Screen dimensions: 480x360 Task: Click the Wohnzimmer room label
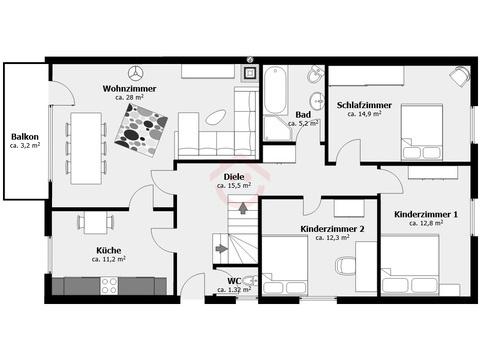pos(129,89)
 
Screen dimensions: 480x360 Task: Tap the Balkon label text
pos(25,137)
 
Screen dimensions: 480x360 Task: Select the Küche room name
pos(109,250)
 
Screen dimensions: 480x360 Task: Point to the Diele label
pos(234,177)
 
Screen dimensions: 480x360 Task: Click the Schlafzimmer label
pos(364,105)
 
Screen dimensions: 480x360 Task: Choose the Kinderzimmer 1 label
pos(426,214)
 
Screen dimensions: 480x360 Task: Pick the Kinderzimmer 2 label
pos(332,229)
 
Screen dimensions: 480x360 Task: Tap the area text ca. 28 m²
pos(129,97)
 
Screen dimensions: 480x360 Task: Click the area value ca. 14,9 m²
pos(364,114)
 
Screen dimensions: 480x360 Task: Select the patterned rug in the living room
pos(141,130)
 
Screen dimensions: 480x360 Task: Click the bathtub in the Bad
pos(275,90)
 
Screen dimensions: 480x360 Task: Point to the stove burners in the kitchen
pos(109,286)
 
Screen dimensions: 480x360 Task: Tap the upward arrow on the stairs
pos(243,208)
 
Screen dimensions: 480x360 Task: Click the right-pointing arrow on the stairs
pos(221,248)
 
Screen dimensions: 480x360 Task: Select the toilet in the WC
pos(250,281)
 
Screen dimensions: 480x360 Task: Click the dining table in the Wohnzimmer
pos(86,148)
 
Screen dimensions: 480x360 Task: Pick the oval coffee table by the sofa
pos(215,117)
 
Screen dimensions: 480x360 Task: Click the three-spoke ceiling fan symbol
pos(136,73)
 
